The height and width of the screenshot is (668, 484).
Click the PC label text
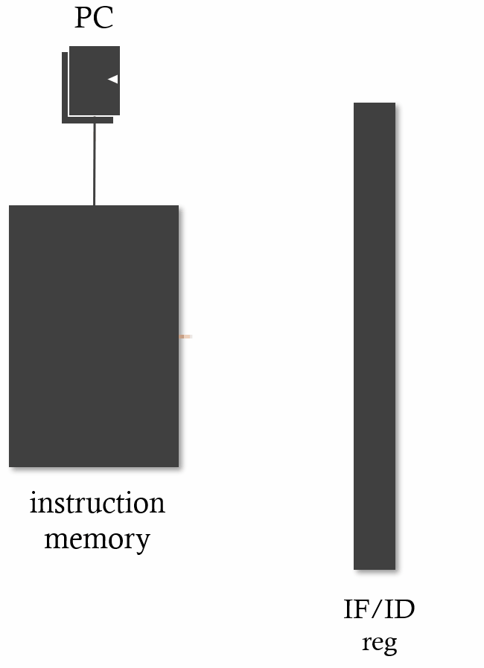pyautogui.click(x=94, y=18)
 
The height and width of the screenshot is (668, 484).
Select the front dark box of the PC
pyautogui.click(x=94, y=80)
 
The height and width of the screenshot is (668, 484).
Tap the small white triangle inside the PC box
pyautogui.click(x=113, y=79)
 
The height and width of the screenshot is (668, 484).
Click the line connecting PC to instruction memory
pyautogui.click(x=95, y=164)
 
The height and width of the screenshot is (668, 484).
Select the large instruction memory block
pyautogui.click(x=94, y=335)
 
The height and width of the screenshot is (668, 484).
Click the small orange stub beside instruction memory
pyautogui.click(x=185, y=337)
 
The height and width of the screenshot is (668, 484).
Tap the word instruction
pyautogui.click(x=97, y=504)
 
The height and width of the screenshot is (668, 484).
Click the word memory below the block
pyautogui.click(x=97, y=539)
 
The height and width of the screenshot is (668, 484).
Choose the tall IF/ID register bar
pyautogui.click(x=375, y=335)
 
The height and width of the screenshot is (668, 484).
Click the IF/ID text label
pyautogui.click(x=379, y=610)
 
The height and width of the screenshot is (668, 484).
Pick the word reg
pyautogui.click(x=379, y=642)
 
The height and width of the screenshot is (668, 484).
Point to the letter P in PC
pyautogui.click(x=83, y=18)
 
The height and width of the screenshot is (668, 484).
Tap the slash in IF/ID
pyautogui.click(x=379, y=610)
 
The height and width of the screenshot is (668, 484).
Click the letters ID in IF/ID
pyautogui.click(x=398, y=610)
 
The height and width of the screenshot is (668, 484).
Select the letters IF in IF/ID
pyautogui.click(x=358, y=610)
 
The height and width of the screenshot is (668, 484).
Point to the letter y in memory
pyautogui.click(x=143, y=542)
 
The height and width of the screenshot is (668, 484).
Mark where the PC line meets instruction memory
pyautogui.click(x=95, y=205)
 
